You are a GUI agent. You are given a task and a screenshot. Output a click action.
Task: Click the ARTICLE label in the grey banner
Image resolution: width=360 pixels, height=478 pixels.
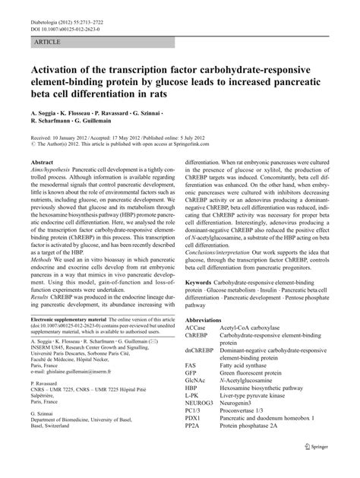pos(46,35)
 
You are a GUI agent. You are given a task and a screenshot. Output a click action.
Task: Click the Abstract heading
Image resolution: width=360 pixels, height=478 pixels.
pos(41,163)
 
